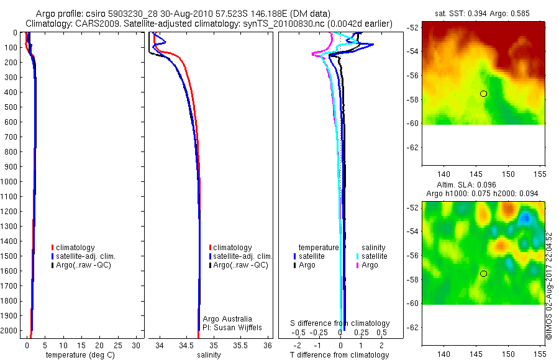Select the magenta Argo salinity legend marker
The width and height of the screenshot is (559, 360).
click(x=358, y=265)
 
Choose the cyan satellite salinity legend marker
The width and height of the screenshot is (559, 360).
click(x=358, y=256)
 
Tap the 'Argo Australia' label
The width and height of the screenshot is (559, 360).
click(x=228, y=318)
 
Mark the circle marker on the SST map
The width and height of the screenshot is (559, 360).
click(x=484, y=94)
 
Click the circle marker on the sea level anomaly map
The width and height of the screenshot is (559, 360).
click(x=484, y=274)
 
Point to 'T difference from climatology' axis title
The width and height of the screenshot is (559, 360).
click(x=340, y=355)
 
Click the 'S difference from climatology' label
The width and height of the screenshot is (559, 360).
click(x=340, y=323)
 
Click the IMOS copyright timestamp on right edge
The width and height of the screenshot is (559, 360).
click(x=549, y=286)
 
